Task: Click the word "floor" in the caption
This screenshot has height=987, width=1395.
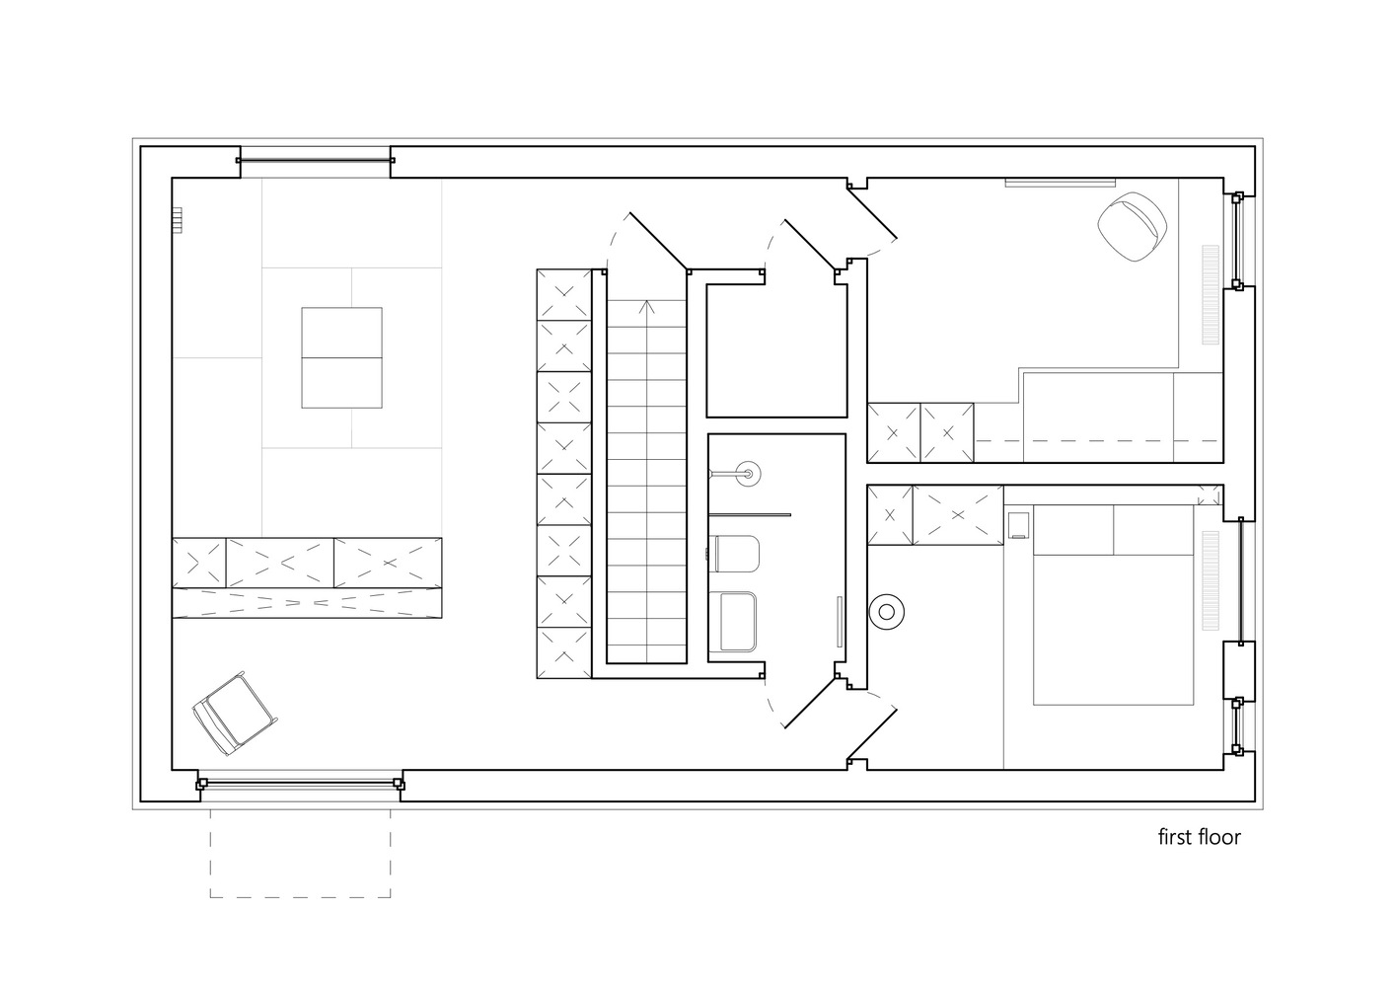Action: pos(1218,837)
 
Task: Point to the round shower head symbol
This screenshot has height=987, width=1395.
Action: pos(748,474)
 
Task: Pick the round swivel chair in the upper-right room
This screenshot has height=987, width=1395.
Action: pos(1133,226)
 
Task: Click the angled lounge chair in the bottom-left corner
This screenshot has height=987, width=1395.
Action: pos(234,714)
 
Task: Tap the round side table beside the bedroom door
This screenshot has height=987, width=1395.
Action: pos(886,612)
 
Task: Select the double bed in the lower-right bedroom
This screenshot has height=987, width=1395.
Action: pos(1113,605)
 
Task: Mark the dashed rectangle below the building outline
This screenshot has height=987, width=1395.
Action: pos(300,854)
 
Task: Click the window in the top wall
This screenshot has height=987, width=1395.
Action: pos(315,161)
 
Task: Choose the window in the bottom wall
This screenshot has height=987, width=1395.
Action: pos(300,784)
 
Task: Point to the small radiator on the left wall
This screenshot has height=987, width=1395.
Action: pos(178,220)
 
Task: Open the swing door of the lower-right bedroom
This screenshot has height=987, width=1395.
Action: pos(872,735)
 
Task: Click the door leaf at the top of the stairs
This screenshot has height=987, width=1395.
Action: pos(659,242)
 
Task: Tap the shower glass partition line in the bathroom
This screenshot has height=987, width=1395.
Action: pos(750,514)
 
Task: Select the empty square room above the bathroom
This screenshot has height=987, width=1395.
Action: pos(776,350)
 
